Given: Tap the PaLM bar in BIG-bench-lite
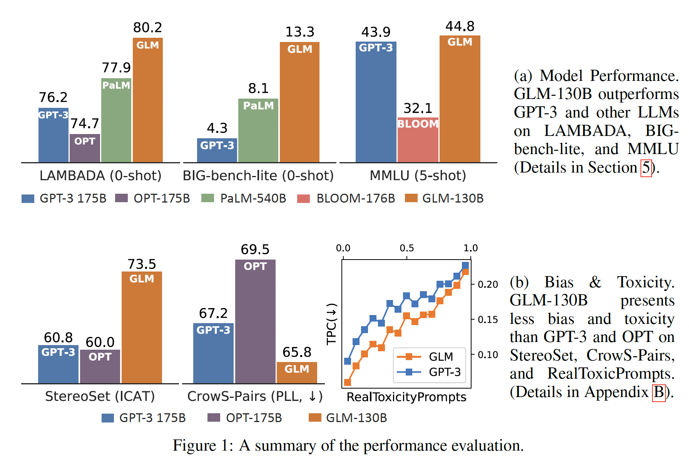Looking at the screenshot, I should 258,131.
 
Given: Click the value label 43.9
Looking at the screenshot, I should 376,32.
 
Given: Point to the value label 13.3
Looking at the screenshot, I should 299,32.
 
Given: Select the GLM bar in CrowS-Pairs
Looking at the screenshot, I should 297,372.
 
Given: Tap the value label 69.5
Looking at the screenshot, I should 255,250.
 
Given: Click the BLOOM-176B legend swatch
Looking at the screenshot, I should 304,199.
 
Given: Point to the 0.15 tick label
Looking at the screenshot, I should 488,320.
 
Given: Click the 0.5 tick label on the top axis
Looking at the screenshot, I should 407,248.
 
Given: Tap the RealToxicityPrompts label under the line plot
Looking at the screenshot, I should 406,397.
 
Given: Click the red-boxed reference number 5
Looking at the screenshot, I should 646,168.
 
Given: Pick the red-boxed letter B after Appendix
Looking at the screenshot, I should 659,392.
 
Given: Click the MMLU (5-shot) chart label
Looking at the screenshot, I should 418,176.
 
